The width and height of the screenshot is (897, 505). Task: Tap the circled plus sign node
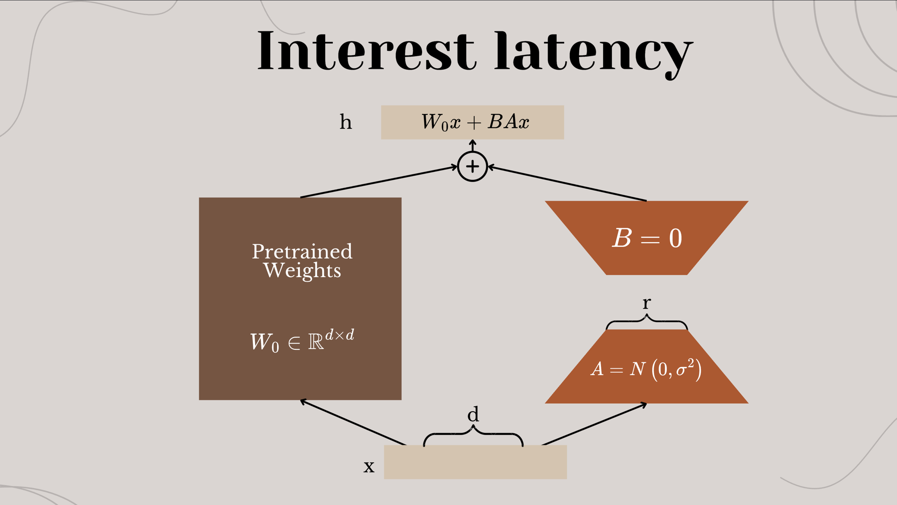(x=472, y=166)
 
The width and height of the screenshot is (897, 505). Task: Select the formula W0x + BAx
(x=475, y=122)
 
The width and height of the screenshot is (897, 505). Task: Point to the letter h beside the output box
(x=346, y=122)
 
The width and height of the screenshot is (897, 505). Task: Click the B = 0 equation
(x=647, y=238)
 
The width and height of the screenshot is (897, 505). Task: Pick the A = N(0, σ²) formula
(x=646, y=370)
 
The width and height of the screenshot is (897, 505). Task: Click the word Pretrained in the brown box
(x=302, y=251)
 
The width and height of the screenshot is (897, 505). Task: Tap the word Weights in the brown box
(x=302, y=271)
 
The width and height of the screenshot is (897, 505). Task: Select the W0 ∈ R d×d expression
(x=302, y=341)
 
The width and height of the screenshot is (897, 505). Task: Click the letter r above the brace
(x=646, y=304)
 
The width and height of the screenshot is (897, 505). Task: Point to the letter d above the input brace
(x=473, y=414)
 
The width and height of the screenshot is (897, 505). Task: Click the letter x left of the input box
(x=369, y=467)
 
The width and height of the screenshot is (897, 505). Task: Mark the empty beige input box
(x=475, y=462)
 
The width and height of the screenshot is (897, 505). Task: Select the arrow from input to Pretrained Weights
(x=353, y=422)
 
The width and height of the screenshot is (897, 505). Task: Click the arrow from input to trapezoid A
(x=594, y=424)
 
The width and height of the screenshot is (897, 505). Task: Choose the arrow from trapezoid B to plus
(x=567, y=183)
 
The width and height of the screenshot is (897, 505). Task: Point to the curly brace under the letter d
(x=473, y=434)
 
